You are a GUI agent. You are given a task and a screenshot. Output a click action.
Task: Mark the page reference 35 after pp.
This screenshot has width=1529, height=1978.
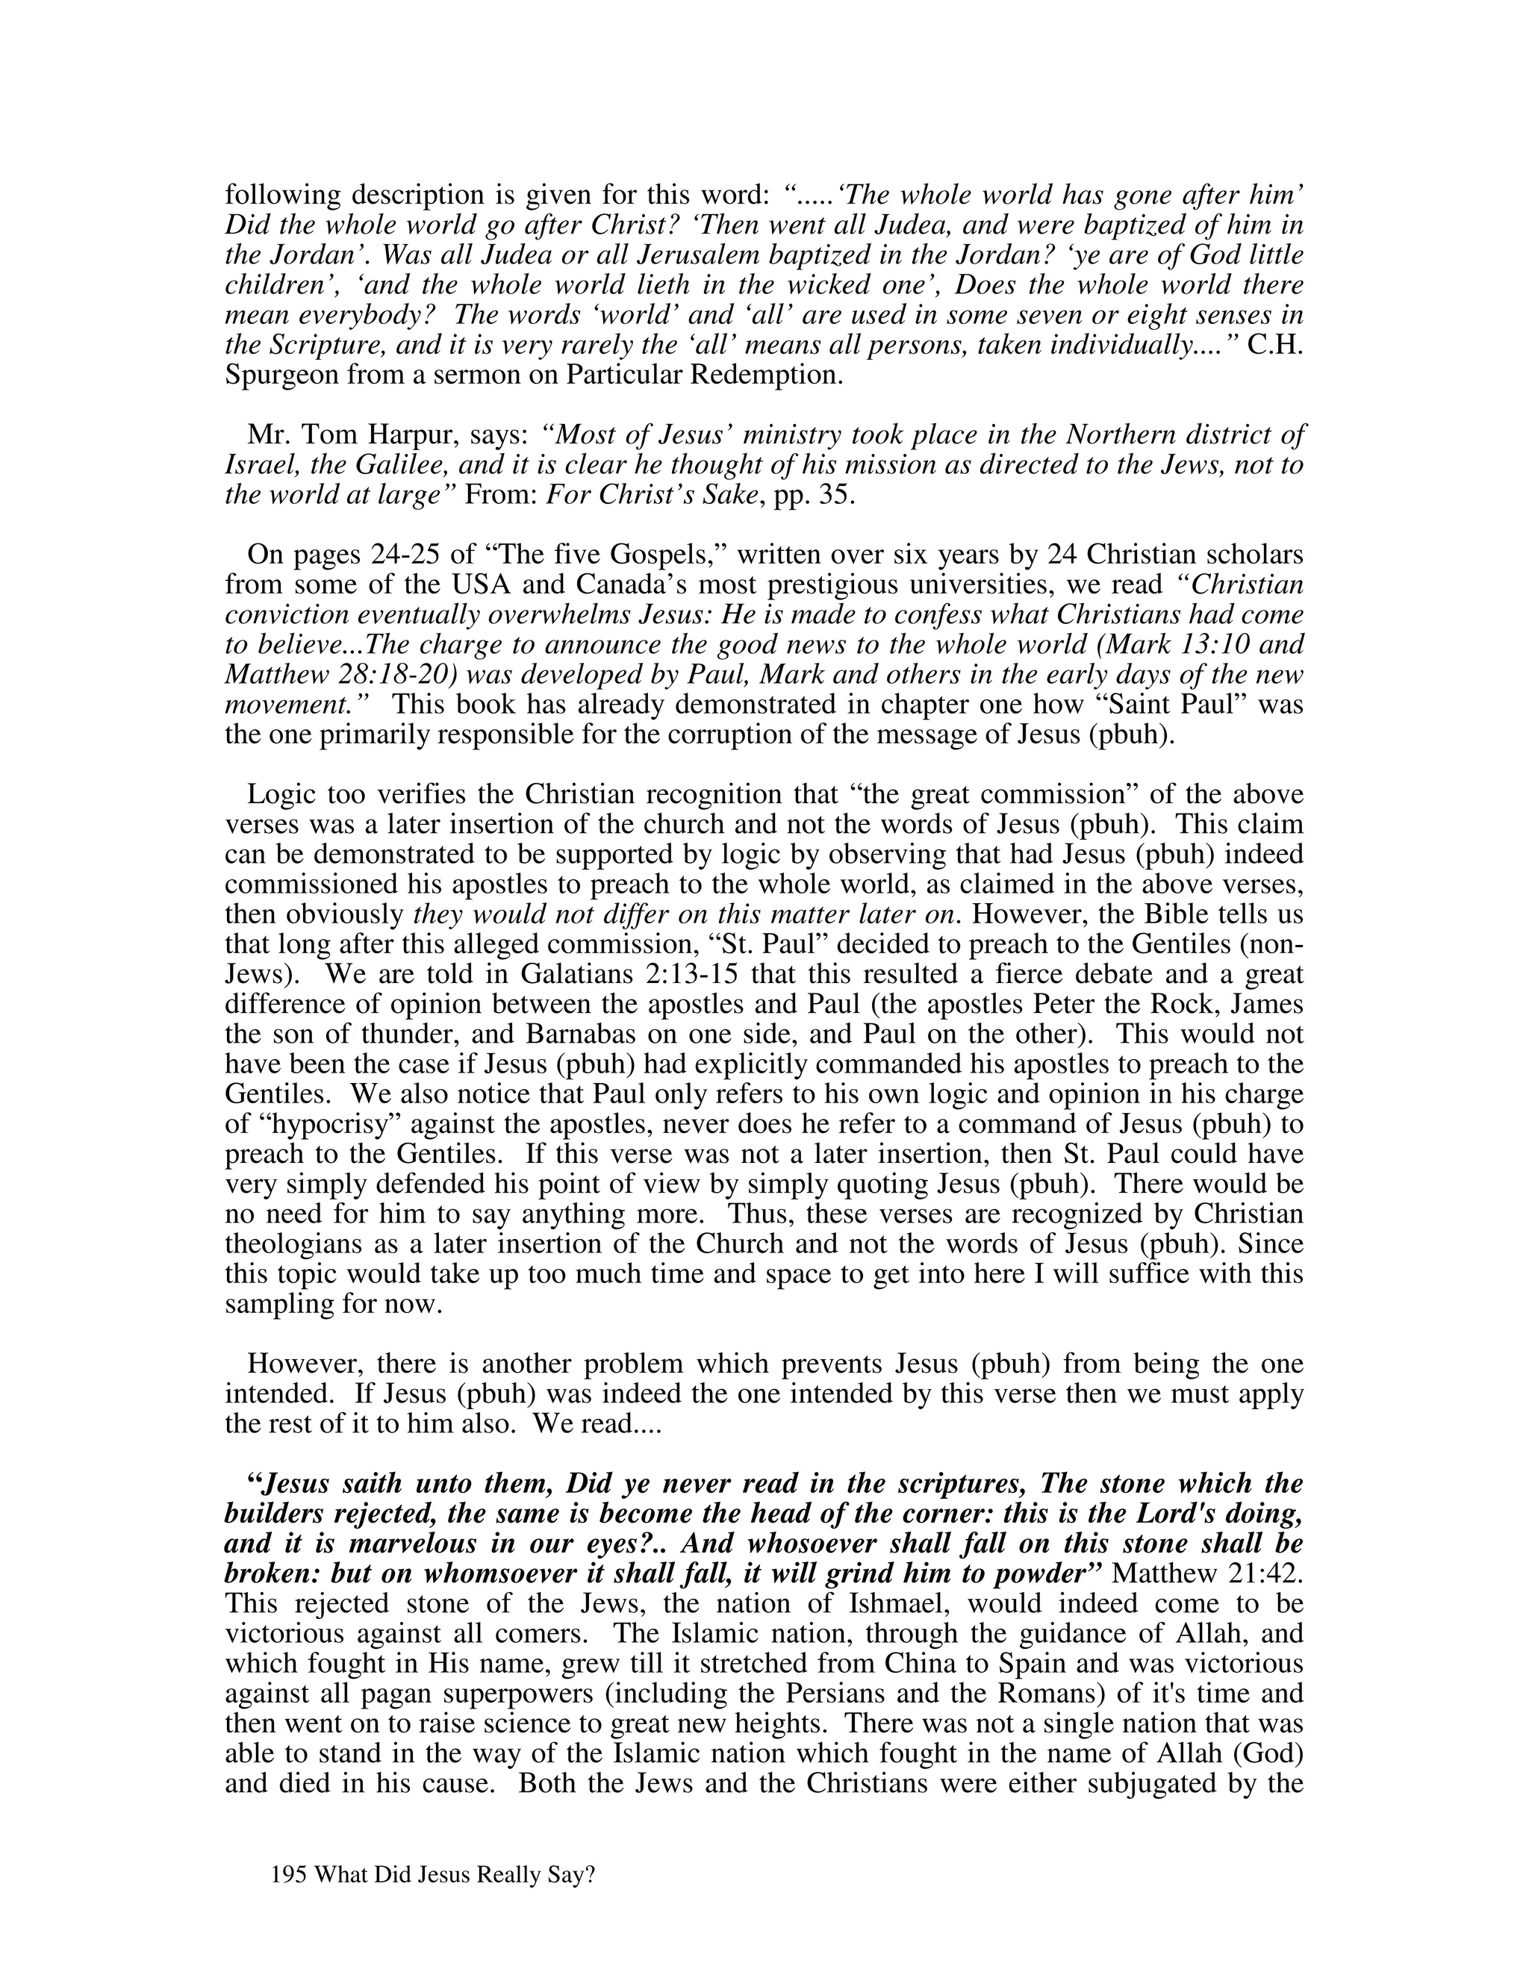(x=832, y=496)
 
